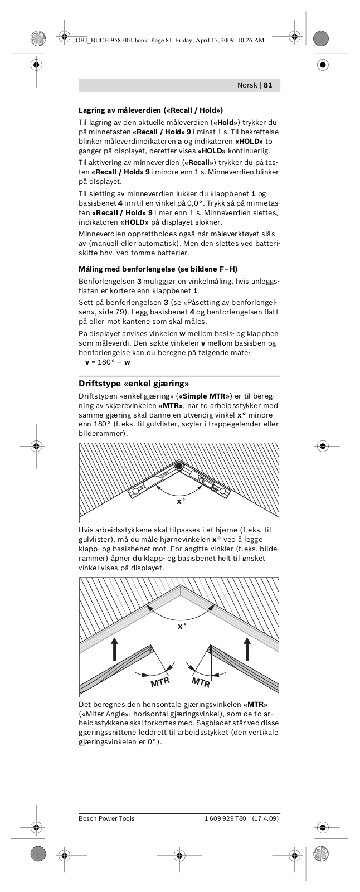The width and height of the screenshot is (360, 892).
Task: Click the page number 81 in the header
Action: pyautogui.click(x=267, y=85)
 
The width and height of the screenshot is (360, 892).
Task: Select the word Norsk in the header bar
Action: pyautogui.click(x=247, y=85)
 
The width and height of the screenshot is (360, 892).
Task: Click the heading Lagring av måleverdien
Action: pyautogui.click(x=150, y=110)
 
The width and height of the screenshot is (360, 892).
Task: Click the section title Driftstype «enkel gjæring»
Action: pyautogui.click(x=134, y=384)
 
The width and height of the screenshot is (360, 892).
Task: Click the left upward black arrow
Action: pyautogui.click(x=115, y=648)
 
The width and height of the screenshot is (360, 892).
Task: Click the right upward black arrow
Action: pyautogui.click(x=247, y=648)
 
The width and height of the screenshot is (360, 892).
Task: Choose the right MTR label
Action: pyautogui.click(x=201, y=682)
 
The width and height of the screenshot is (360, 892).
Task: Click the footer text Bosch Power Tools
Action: pyautogui.click(x=106, y=818)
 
